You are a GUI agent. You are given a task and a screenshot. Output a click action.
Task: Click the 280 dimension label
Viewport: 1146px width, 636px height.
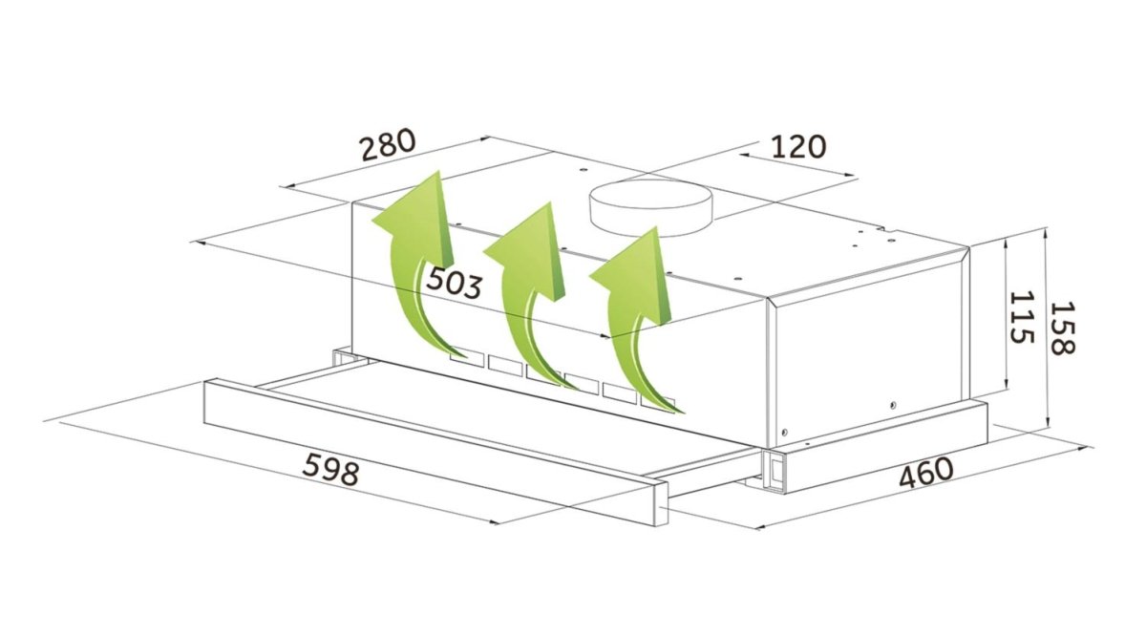[388, 144]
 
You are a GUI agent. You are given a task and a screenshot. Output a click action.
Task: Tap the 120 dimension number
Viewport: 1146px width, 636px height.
[797, 146]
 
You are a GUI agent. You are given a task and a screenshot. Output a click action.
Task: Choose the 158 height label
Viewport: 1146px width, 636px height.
[1062, 328]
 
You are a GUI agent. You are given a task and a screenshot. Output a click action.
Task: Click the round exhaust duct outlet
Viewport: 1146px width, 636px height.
[650, 207]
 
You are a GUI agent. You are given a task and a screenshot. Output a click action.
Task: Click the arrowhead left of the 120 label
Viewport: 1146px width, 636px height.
[744, 155]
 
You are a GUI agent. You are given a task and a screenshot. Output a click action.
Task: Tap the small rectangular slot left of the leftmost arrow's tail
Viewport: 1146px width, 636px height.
[466, 358]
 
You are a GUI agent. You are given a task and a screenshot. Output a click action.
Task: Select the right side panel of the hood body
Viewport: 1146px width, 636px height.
[870, 358]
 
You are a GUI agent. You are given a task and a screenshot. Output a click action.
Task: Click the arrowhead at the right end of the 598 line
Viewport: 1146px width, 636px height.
[494, 522]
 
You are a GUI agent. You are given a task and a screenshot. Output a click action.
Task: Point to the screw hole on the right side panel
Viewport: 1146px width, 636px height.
[893, 405]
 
